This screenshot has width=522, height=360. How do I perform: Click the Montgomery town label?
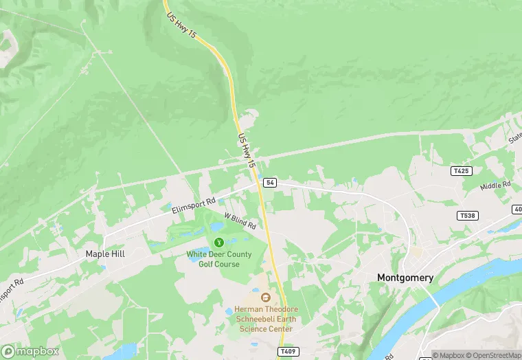pyautogui.click(x=405, y=278)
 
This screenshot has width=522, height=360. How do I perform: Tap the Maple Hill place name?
pyautogui.click(x=105, y=254)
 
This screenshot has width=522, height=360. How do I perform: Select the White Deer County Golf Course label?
pyautogui.click(x=219, y=259)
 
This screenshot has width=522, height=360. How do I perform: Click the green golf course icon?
pyautogui.click(x=219, y=242)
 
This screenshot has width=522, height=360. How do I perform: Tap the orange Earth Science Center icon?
pyautogui.click(x=265, y=297)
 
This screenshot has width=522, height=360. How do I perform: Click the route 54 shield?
pyautogui.click(x=270, y=182)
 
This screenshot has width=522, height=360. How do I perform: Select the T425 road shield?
pyautogui.click(x=461, y=170)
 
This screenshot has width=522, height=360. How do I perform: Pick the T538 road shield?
pyautogui.click(x=466, y=216)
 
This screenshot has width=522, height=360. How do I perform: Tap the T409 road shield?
pyautogui.click(x=287, y=351)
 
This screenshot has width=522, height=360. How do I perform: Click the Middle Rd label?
pyautogui.click(x=495, y=186)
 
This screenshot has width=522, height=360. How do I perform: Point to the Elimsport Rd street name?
pyautogui.click(x=194, y=205)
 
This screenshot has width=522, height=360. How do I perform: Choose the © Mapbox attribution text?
pyautogui.click(x=447, y=355)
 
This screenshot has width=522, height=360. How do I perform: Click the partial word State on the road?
pyautogui.click(x=514, y=140)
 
